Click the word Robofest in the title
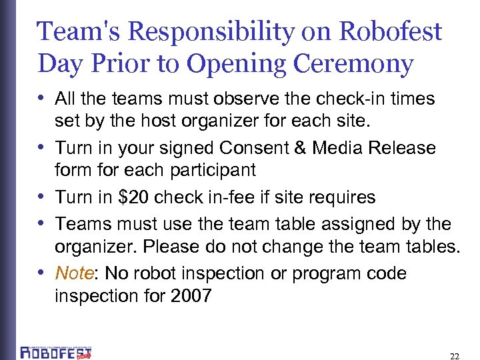(391, 31)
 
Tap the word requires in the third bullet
(342, 197)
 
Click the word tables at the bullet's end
(430, 246)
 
